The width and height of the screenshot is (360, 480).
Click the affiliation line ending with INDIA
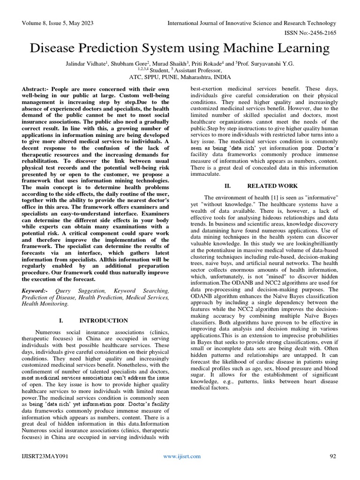[x=180, y=77]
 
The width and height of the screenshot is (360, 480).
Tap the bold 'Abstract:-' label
[x=35, y=89]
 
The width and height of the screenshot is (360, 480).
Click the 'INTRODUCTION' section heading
[x=104, y=321]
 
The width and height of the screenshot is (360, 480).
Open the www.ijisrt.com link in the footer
[x=182, y=456]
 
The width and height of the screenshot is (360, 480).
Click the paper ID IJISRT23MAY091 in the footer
[x=45, y=456]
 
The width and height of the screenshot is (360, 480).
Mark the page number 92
[x=334, y=456]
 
